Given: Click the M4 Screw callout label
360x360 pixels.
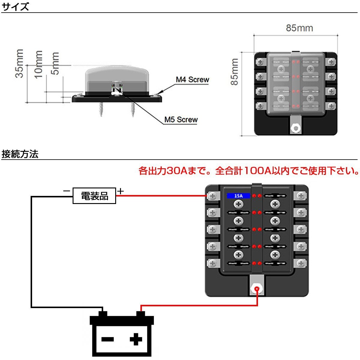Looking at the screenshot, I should [x=192, y=80].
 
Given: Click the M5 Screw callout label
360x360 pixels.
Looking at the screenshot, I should [x=181, y=120].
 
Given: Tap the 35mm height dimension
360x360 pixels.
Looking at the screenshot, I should [x=19, y=64].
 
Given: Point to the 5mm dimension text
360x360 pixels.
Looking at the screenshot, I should [x=56, y=63].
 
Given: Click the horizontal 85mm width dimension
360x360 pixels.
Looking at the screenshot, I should [x=299, y=28].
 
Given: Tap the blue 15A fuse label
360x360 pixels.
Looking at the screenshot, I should [x=238, y=196].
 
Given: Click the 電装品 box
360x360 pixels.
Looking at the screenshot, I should [x=94, y=196].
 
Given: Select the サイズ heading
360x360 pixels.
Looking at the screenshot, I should [x=16, y=7].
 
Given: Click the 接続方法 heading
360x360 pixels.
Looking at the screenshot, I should [x=20, y=154].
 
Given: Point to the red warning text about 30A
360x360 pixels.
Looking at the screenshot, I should [x=248, y=171].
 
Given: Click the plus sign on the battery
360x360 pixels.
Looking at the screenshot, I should [x=136, y=339].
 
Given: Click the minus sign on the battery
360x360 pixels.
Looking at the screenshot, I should [x=107, y=339].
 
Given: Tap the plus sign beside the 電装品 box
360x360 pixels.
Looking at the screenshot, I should [x=120, y=191].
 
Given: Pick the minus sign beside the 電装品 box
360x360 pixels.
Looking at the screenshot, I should [x=66, y=191].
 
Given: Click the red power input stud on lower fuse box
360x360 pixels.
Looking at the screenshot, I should [x=257, y=289].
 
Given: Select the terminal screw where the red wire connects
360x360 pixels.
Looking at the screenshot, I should [x=213, y=196].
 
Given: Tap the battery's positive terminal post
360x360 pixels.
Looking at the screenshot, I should [x=141, y=314].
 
